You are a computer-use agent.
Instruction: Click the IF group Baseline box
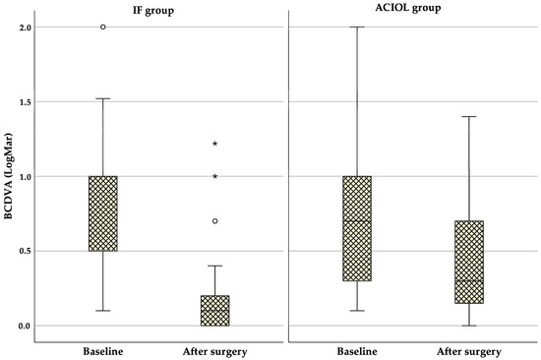[103, 213]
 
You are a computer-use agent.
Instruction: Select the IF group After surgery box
[214, 310]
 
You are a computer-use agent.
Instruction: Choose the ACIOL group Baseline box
[358, 228]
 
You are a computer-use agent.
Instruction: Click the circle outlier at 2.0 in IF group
[103, 27]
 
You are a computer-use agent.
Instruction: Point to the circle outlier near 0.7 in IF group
[214, 221]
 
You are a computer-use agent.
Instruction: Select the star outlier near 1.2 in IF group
[214, 144]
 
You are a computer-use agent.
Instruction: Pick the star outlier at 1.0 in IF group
[214, 176]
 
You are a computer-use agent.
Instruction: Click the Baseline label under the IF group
[103, 350]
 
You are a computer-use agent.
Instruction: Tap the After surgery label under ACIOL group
[469, 350]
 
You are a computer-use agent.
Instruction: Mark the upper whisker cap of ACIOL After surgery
[469, 116]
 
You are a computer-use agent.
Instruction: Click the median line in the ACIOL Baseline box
[358, 220]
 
